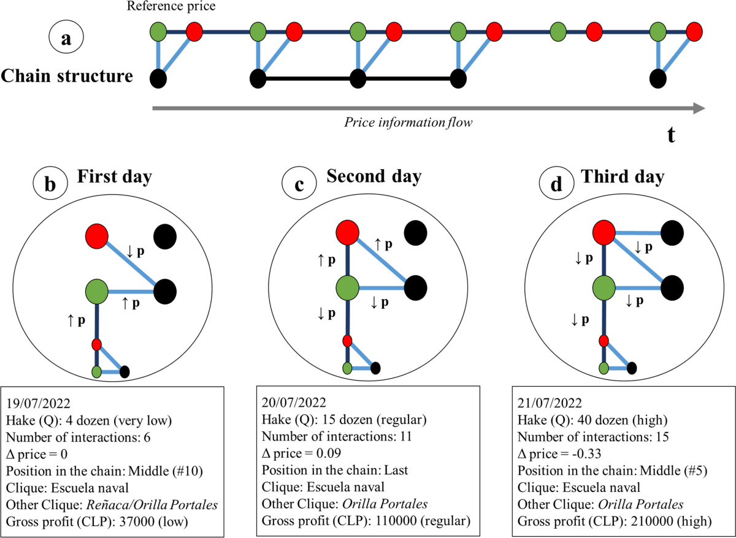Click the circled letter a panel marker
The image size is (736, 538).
(66, 39)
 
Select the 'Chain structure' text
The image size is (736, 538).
(67, 77)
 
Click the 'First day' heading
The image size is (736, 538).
(115, 177)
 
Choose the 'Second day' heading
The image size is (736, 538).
(374, 177)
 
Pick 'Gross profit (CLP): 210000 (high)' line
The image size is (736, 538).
(614, 523)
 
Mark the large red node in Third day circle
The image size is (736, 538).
(604, 232)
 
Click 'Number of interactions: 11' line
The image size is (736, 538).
(337, 438)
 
